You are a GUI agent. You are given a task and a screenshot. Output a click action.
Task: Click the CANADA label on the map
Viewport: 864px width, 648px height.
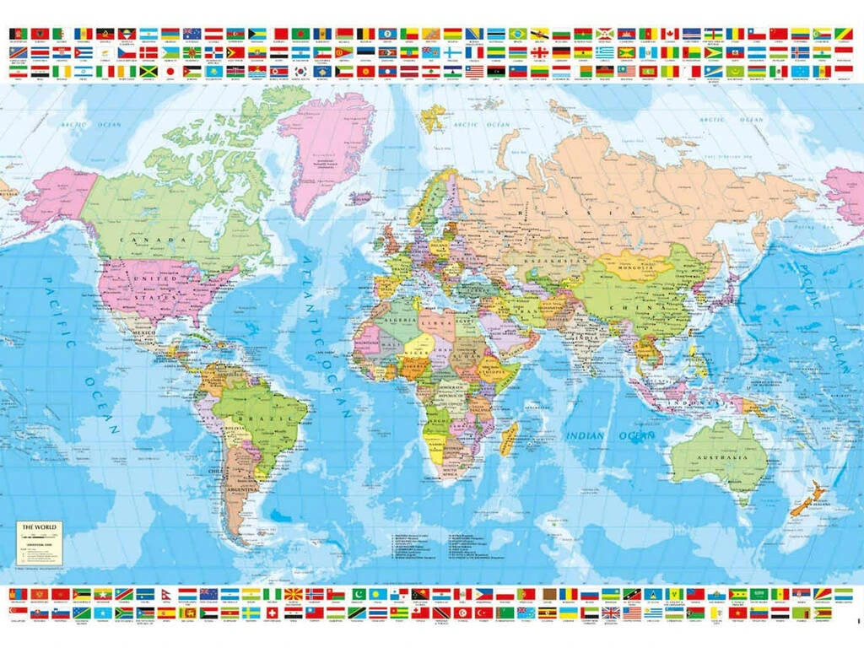coord(153,240)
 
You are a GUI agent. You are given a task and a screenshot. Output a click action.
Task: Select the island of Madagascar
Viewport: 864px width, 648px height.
coord(509,438)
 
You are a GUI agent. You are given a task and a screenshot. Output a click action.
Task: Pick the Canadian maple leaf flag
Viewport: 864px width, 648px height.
coord(669,34)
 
